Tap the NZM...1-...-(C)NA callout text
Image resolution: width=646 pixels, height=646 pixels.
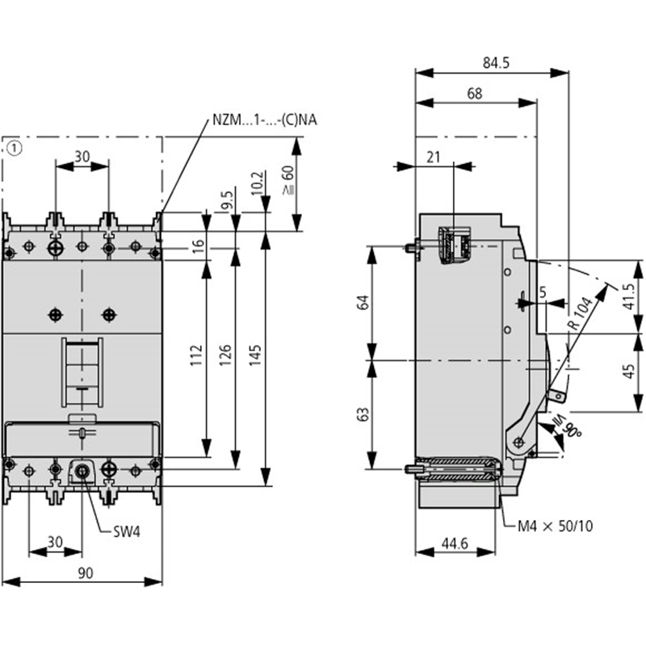265,120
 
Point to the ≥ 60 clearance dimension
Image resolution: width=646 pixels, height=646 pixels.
287,180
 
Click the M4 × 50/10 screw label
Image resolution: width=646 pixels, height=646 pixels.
555,526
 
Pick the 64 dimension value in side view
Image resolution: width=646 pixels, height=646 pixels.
363,303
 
